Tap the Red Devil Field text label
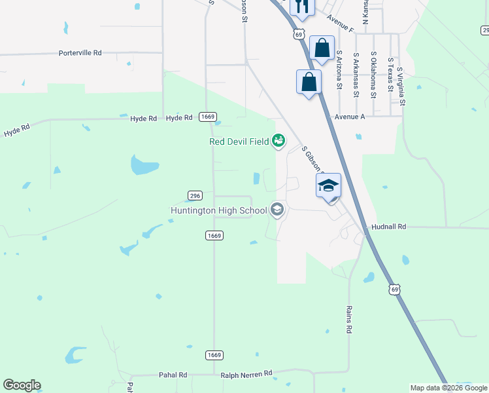239,141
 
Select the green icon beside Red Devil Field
278,140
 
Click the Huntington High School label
218,210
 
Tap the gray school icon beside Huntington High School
277,210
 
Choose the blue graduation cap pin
329,185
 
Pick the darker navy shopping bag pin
309,83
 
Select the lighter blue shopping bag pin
322,48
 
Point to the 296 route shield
195,195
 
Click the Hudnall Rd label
388,226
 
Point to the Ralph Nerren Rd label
246,374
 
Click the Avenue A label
349,117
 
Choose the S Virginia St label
401,85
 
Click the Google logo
22,385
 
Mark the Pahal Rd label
173,375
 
